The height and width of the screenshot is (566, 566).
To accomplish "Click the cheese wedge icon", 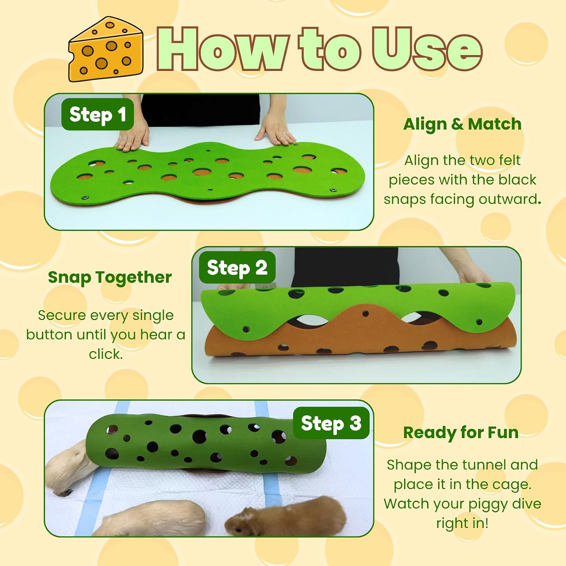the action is tap(106, 49).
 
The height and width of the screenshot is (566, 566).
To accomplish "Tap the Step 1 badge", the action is tap(98, 114).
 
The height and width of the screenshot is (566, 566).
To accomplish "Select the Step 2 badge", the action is tap(237, 268).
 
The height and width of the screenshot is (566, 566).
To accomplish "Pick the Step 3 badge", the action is tap(331, 423).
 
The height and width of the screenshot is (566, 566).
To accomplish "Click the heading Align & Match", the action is tap(462, 124).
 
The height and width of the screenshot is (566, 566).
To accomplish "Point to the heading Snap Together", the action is tap(110, 278).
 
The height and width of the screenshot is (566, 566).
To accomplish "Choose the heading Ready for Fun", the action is tap(461, 432).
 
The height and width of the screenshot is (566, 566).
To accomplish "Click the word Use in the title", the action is tap(427, 49).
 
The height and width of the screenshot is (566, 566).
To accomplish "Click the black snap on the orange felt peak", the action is tap(365, 314).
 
